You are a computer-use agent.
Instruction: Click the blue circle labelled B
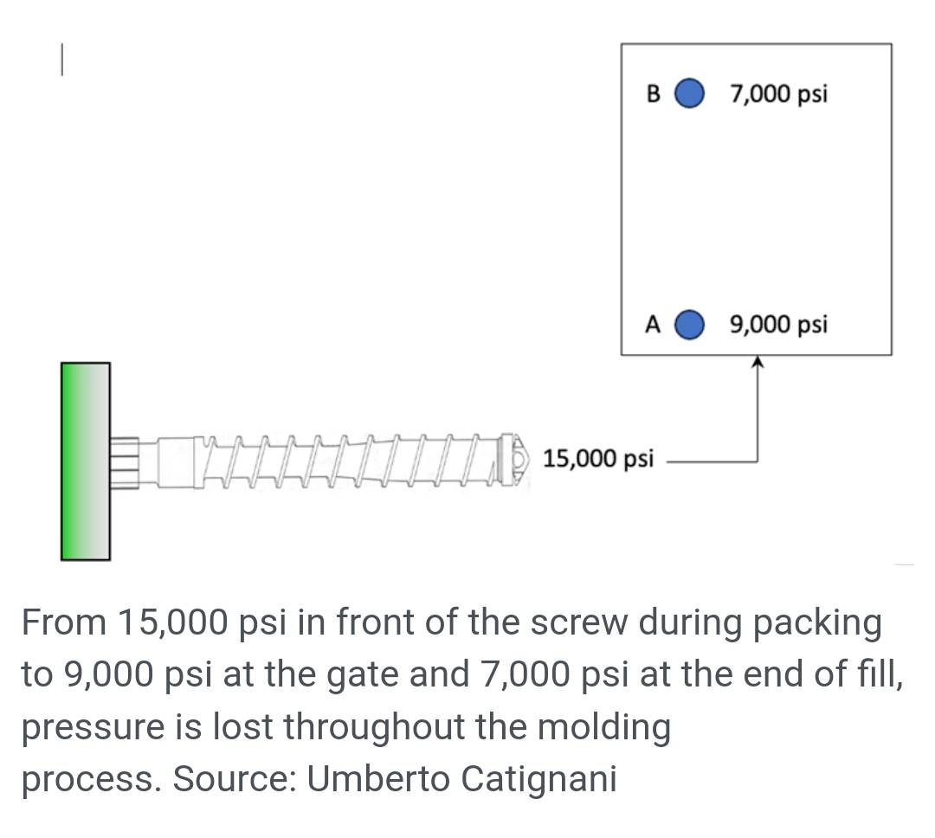pos(689,93)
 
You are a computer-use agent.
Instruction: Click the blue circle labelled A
pos(689,325)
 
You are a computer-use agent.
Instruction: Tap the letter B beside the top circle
pos(654,93)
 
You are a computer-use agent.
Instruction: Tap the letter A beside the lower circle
pos(654,326)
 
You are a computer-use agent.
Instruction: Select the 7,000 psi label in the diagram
pos(778,93)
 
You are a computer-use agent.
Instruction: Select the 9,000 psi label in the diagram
pos(778,326)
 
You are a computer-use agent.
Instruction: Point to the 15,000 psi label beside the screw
pos(598,457)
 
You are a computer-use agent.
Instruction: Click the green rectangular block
pos(85,461)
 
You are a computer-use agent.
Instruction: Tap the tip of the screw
pos(517,457)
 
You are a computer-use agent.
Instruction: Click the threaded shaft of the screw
pos(346,459)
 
